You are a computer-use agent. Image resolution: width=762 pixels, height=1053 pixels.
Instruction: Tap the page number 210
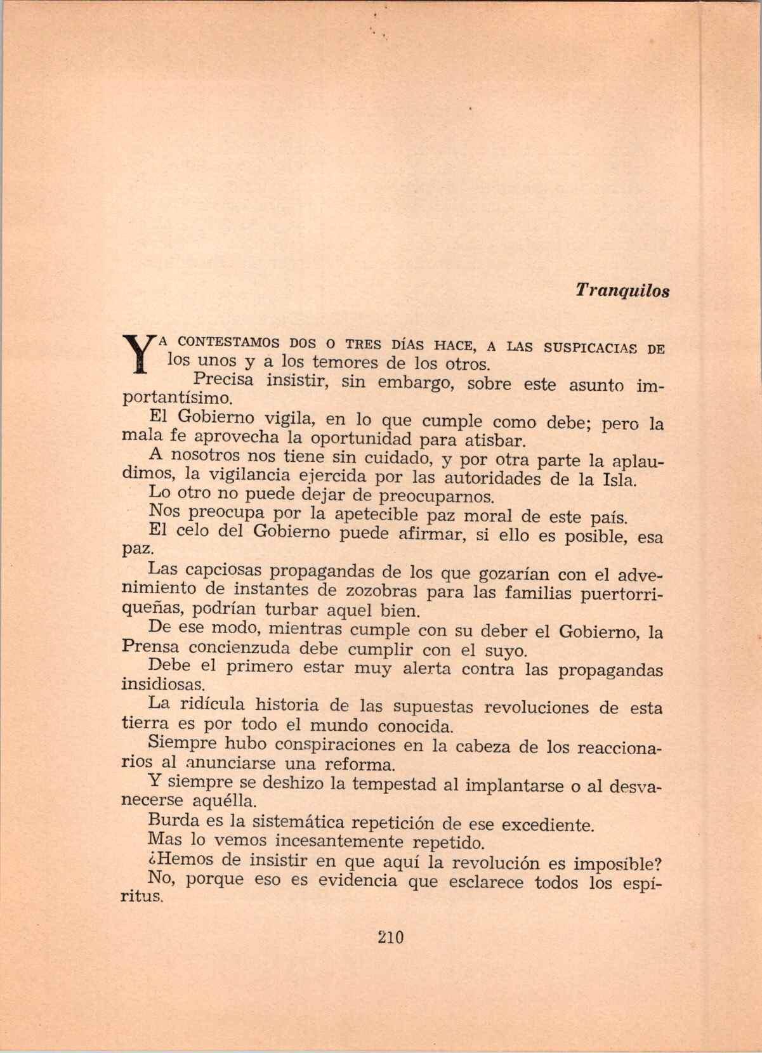(x=390, y=938)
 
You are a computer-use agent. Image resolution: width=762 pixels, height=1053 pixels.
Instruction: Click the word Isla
(x=615, y=480)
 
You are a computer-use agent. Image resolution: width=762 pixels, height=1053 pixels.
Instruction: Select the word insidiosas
(x=163, y=685)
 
